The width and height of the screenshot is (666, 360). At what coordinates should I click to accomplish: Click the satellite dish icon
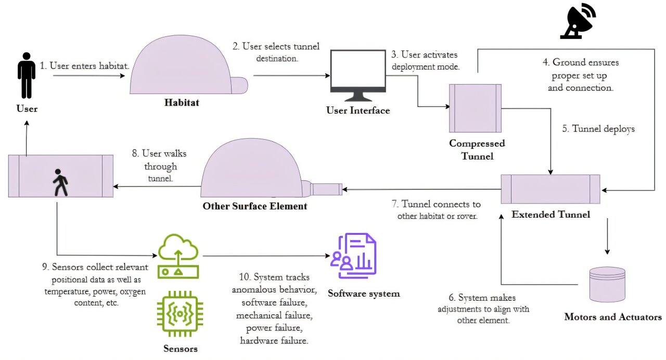578,21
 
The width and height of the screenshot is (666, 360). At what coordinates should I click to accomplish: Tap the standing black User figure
27,75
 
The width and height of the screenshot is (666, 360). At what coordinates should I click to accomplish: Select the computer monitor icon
358,75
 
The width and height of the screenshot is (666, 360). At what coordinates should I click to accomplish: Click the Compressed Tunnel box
475,108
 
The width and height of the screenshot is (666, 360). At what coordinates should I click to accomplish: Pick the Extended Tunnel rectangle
550,189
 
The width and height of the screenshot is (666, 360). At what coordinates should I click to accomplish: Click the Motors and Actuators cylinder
607,284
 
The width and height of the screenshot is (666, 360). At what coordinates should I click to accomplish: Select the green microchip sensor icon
180,314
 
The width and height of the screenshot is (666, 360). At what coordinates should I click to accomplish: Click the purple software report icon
353,256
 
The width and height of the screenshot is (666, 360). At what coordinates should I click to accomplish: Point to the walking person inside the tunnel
60,182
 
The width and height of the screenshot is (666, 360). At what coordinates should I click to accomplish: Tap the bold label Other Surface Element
255,206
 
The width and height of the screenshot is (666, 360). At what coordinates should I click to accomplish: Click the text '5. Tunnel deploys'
598,129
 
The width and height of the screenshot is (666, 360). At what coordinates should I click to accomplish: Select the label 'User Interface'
358,111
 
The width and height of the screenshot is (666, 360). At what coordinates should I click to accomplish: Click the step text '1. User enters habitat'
84,65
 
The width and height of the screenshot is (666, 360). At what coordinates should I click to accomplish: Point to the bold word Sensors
181,349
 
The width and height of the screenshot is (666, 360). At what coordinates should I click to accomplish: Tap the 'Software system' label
364,294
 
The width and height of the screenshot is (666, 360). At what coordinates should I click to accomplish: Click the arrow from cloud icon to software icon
266,256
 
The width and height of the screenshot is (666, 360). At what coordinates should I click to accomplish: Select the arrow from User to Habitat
89,76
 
